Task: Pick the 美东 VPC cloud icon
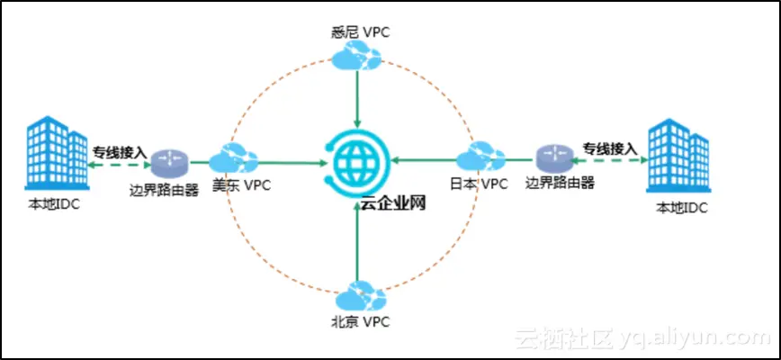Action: pos(233,159)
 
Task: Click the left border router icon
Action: pos(168,162)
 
